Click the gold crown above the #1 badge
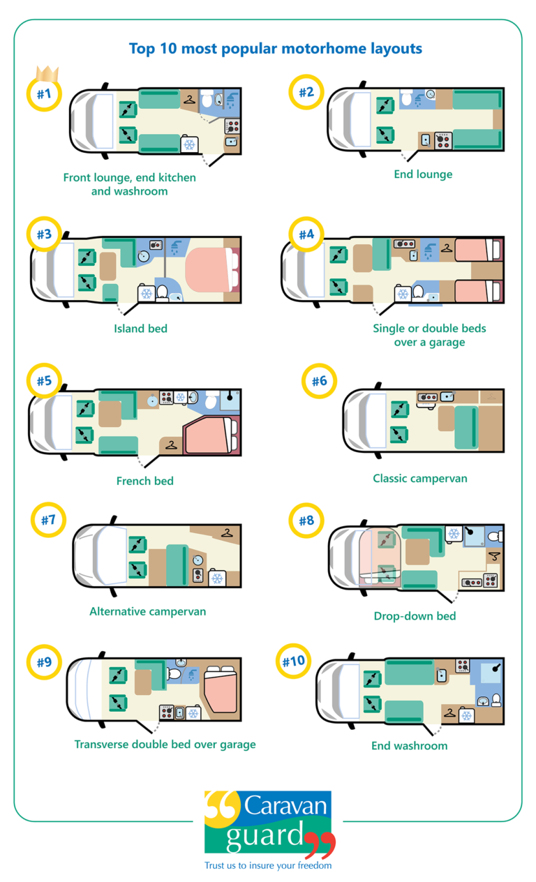(47, 73)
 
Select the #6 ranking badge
(320, 381)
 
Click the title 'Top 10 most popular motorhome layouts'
(275, 49)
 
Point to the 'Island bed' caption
(141, 328)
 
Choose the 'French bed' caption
(144, 480)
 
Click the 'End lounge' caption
(423, 174)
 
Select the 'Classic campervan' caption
(419, 478)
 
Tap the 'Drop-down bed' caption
(415, 615)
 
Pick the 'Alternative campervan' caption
(147, 611)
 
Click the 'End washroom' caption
(409, 745)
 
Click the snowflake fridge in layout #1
(188, 144)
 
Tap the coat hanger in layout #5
(170, 444)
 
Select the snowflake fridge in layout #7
(217, 578)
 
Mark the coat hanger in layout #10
(449, 714)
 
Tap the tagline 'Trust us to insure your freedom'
(268, 865)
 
